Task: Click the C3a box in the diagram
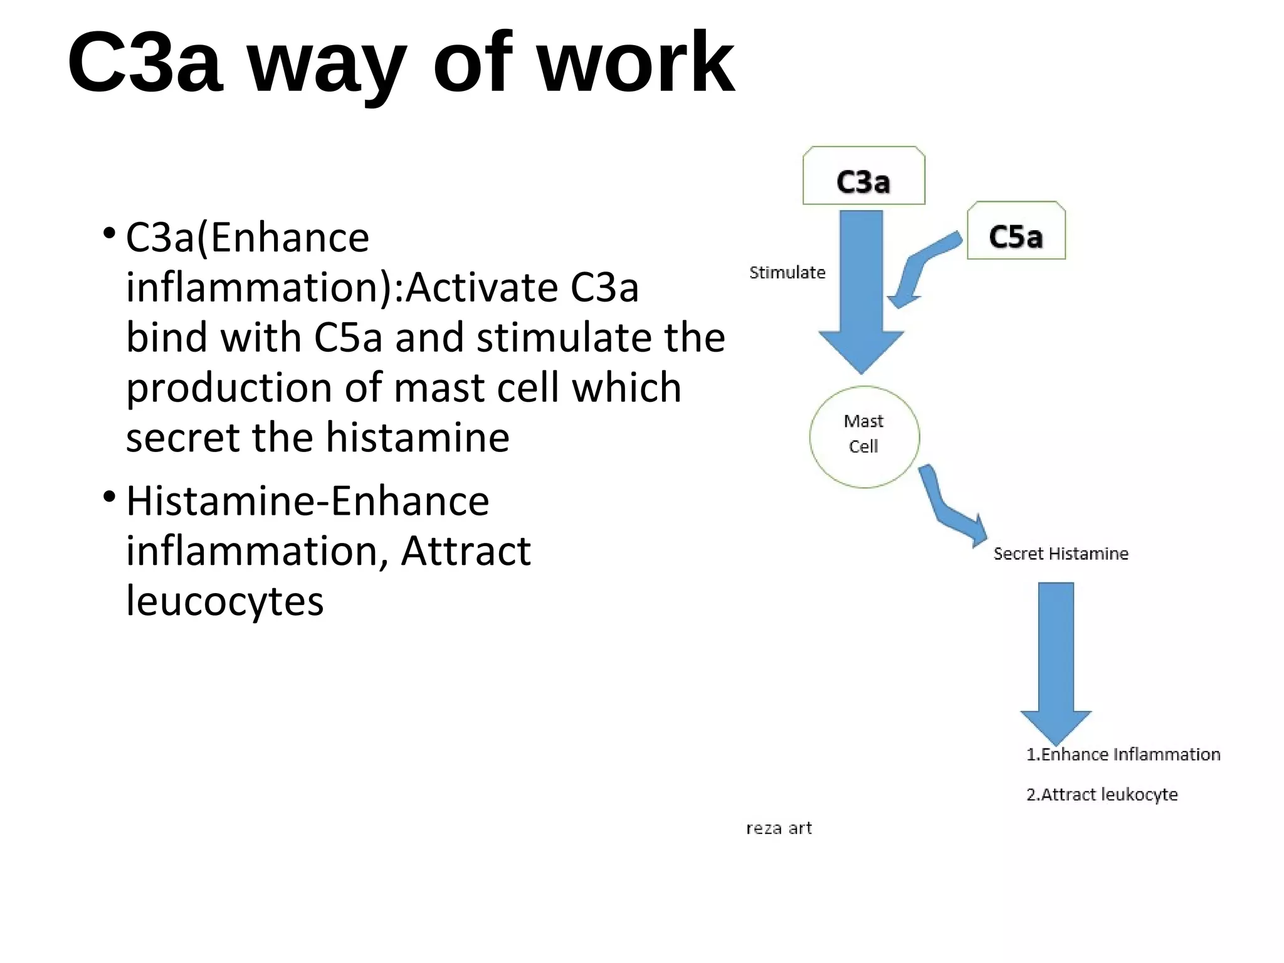tap(863, 176)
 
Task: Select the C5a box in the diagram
tap(1016, 231)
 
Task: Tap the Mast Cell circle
tap(864, 436)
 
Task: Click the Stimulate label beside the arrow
tap(787, 273)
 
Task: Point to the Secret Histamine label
tap(1060, 554)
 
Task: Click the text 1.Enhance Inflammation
tap(1123, 754)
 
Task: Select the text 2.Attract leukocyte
tap(1102, 794)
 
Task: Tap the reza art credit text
tap(779, 828)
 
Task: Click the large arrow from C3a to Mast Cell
tap(861, 295)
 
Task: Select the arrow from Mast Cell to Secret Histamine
tap(947, 508)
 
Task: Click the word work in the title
tap(636, 63)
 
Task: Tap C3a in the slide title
tap(145, 63)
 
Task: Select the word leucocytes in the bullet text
tap(224, 601)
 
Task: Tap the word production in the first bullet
tap(229, 387)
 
